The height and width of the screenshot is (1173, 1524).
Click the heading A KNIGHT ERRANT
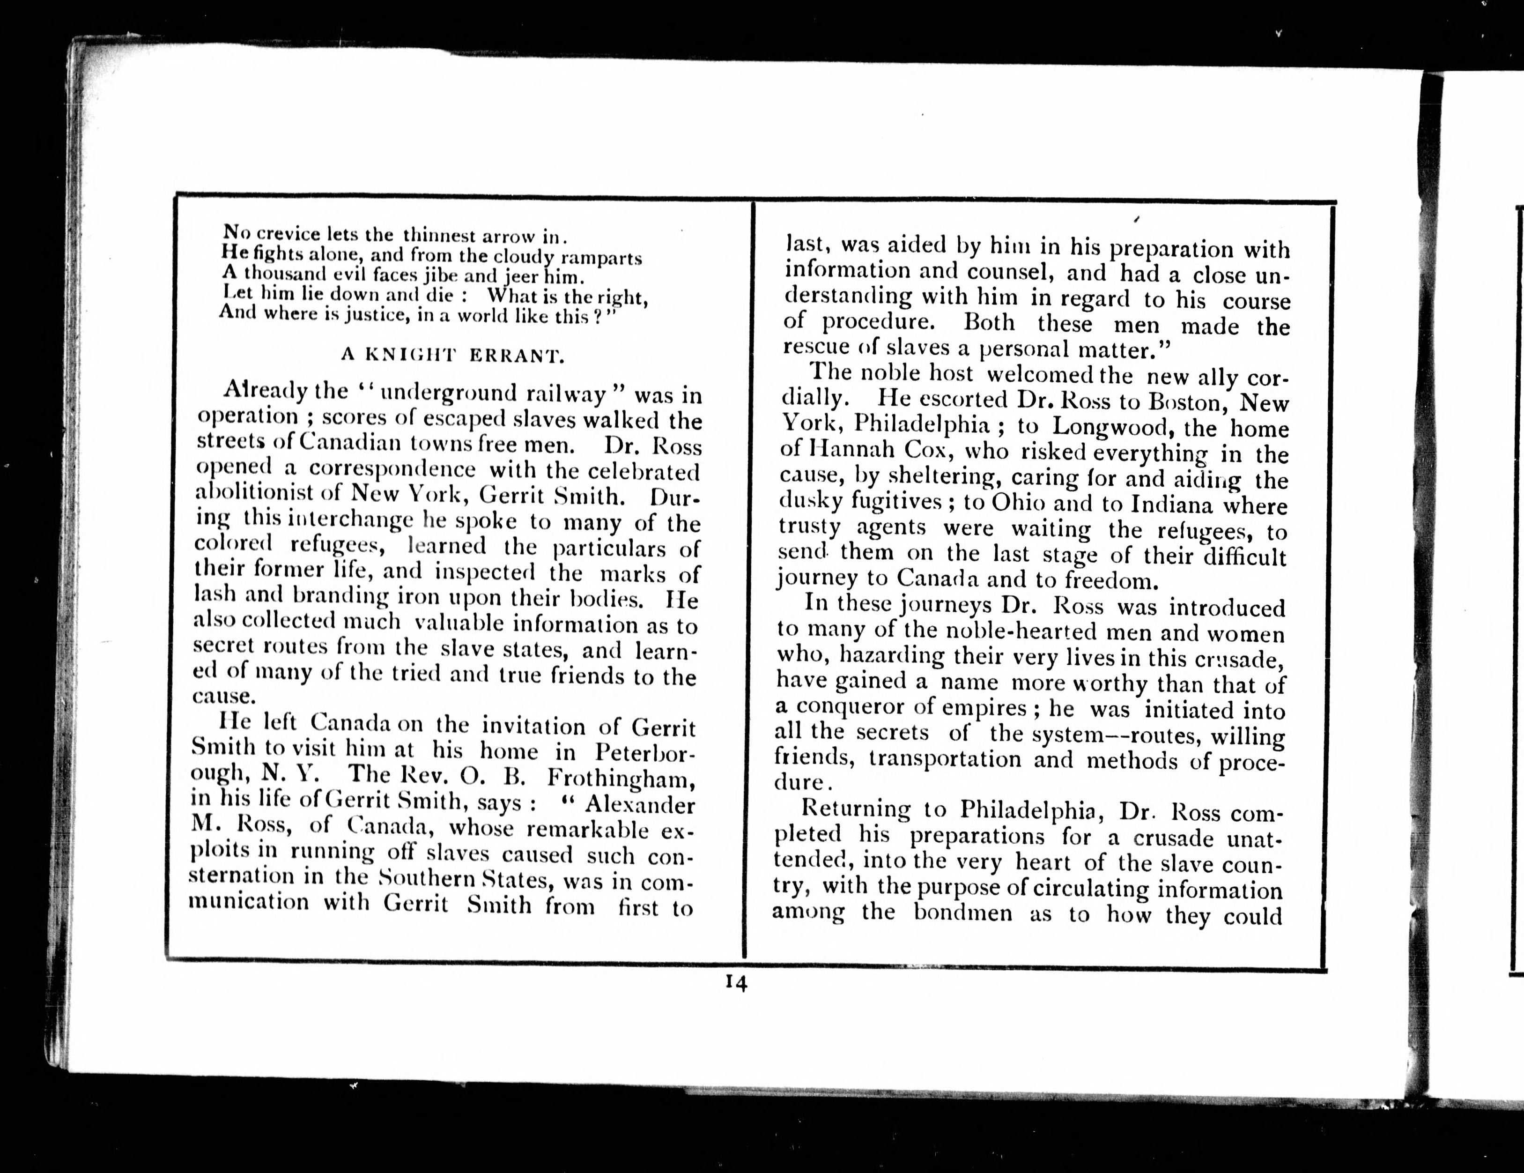point(452,355)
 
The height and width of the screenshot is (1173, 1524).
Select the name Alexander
point(639,804)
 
